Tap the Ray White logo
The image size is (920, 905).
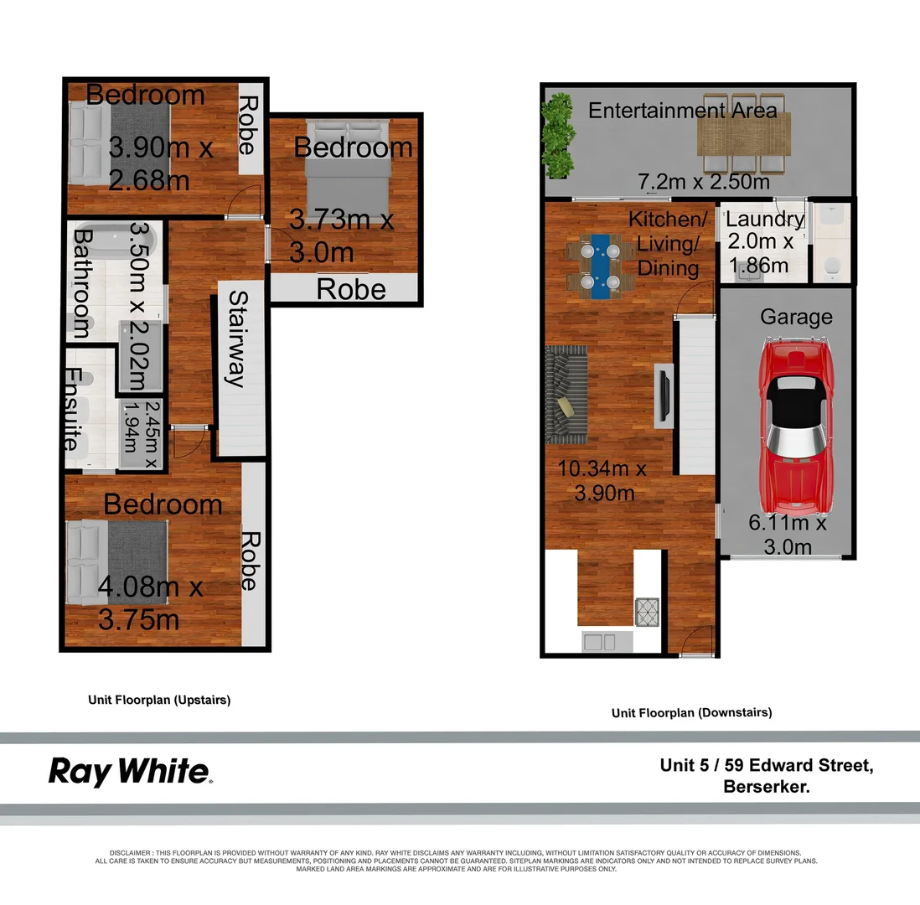click(x=130, y=771)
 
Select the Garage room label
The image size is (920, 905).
click(x=796, y=317)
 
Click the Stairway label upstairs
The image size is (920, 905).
click(x=238, y=339)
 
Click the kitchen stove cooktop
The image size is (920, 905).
click(x=648, y=611)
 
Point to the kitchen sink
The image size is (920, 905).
click(x=600, y=642)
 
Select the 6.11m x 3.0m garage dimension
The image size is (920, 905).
click(x=788, y=535)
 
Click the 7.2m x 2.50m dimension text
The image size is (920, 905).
click(x=703, y=182)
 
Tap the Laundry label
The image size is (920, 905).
click(x=764, y=220)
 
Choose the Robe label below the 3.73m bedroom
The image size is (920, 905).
click(x=351, y=289)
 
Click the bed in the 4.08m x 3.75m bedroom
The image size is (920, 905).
click(x=117, y=561)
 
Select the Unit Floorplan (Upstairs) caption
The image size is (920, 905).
click(x=159, y=700)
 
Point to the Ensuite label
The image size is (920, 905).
click(x=73, y=409)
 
